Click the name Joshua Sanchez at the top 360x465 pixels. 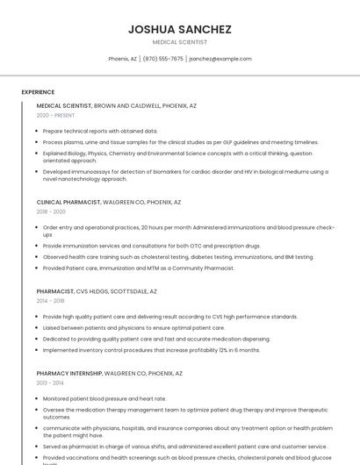pyautogui.click(x=179, y=29)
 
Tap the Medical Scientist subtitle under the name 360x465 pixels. pyautogui.click(x=179, y=42)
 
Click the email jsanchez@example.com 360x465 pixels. pyautogui.click(x=220, y=59)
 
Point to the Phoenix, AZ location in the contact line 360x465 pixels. pyautogui.click(x=122, y=59)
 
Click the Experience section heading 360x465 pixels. pyautogui.click(x=38, y=91)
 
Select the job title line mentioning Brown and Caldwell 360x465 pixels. pyautogui.click(x=116, y=105)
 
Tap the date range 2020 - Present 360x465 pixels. pyautogui.click(x=55, y=115)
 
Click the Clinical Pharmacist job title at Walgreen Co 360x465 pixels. pyautogui.click(x=108, y=202)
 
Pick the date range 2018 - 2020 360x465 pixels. pyautogui.click(x=51, y=211)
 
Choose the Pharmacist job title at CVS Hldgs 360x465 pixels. pyautogui.click(x=97, y=291)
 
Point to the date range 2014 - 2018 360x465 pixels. pyautogui.click(x=50, y=301)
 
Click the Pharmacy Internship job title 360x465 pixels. pyautogui.click(x=109, y=373)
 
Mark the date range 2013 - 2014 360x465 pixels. pyautogui.click(x=50, y=383)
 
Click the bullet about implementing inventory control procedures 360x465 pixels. pyautogui.click(x=151, y=350)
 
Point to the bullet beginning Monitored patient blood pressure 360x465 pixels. pyautogui.click(x=104, y=398)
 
